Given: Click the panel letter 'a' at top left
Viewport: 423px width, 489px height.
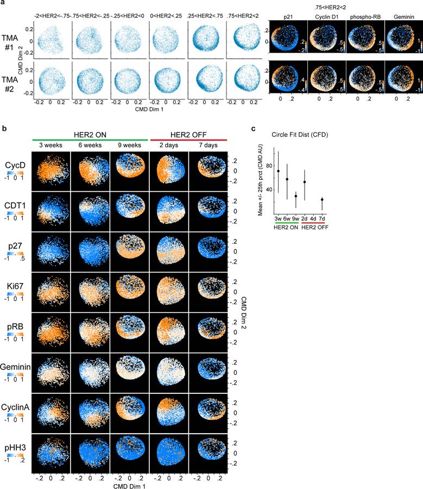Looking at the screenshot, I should click(x=3, y=3).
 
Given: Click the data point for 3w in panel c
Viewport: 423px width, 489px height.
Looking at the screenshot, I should click(x=279, y=171).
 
